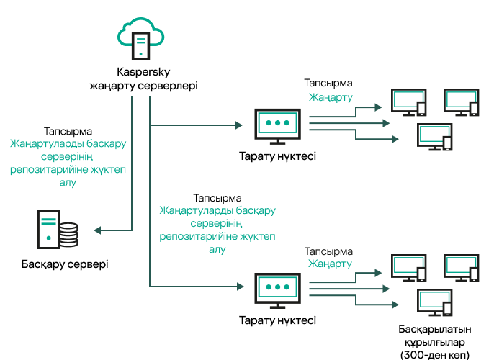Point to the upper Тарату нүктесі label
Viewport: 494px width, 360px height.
tap(277, 156)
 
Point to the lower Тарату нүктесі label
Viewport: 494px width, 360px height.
tap(277, 319)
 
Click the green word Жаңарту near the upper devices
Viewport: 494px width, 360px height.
tap(331, 96)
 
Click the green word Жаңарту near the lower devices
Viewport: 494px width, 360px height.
tap(331, 264)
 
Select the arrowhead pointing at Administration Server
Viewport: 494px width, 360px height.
tap(97, 230)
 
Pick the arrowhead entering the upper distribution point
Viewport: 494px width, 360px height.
tap(238, 125)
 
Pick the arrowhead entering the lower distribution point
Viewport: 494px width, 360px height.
tap(238, 288)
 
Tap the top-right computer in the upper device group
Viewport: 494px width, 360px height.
tap(461, 102)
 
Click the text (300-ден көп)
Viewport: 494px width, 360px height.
tap(434, 354)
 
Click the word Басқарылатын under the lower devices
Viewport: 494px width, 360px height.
tap(434, 329)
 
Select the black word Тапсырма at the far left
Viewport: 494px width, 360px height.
tap(68, 132)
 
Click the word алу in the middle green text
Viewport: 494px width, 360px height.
tap(217, 249)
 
